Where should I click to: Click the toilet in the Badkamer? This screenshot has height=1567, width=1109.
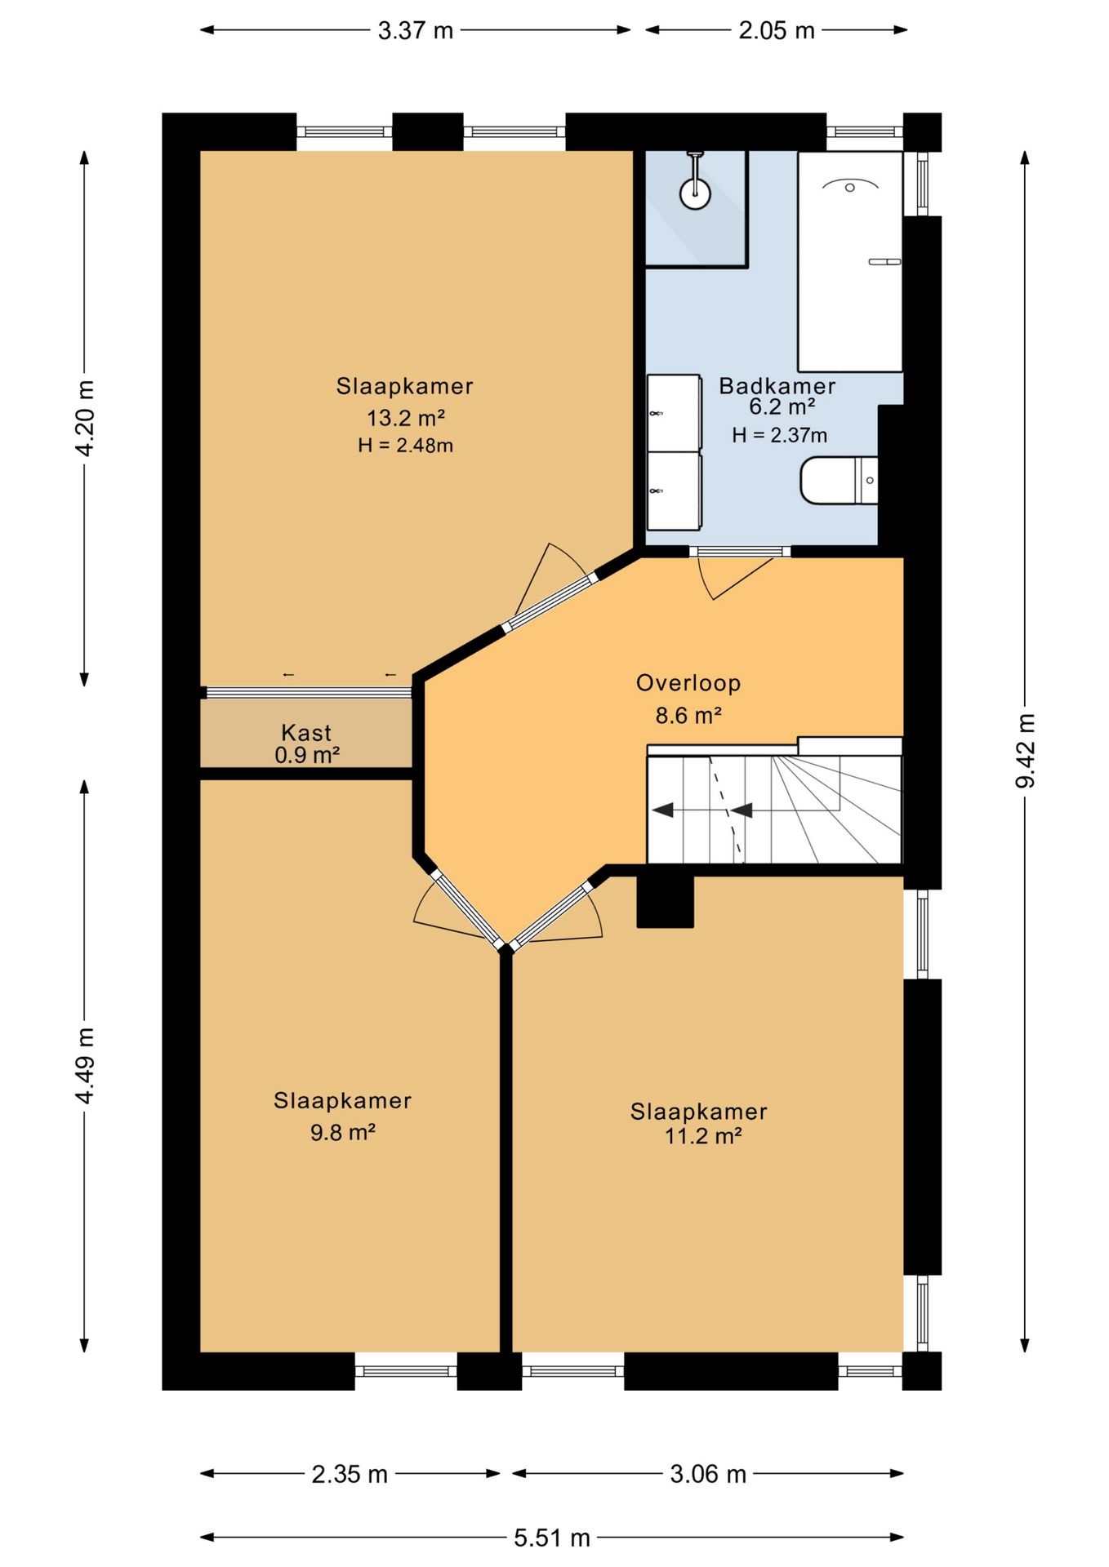tap(839, 481)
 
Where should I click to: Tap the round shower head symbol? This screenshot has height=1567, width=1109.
tap(695, 194)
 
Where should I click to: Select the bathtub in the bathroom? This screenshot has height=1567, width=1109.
tap(850, 261)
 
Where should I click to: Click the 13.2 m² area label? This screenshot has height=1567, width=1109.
tap(405, 418)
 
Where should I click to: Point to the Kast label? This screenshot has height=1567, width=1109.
tap(306, 732)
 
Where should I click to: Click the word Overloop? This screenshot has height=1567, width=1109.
tap(688, 683)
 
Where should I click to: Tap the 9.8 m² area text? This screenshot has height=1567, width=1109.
tap(343, 1132)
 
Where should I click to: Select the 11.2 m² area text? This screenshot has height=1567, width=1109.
tap(703, 1135)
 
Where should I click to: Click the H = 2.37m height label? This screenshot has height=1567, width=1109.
tap(780, 435)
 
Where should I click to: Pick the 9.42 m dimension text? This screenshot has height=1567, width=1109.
tap(1025, 751)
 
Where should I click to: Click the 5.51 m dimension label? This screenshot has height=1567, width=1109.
tap(552, 1538)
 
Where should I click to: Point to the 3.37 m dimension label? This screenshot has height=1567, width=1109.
tap(416, 30)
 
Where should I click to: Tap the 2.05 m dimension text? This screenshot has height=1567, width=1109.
tap(777, 30)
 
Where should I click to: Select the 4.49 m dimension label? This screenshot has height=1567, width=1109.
tap(85, 1066)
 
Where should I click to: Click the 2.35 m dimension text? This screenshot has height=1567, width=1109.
tap(350, 1474)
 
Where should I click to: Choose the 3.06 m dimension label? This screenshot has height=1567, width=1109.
tap(708, 1474)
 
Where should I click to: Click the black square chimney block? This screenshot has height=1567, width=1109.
tap(665, 901)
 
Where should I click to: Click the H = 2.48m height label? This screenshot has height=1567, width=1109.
tap(405, 446)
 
